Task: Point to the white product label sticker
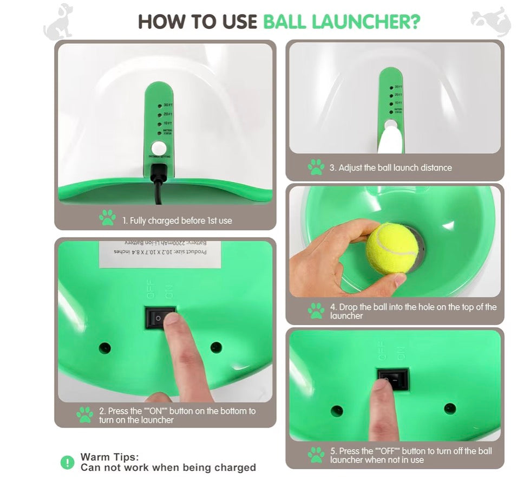tap(160, 254)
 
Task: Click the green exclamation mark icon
tap(67, 462)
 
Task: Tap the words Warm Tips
tap(109, 457)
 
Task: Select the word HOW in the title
tap(159, 22)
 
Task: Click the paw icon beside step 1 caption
tap(107, 218)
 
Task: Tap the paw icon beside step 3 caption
tap(316, 167)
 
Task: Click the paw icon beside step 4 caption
tap(316, 310)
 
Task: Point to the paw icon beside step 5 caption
tap(316, 455)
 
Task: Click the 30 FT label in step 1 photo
tap(168, 105)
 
